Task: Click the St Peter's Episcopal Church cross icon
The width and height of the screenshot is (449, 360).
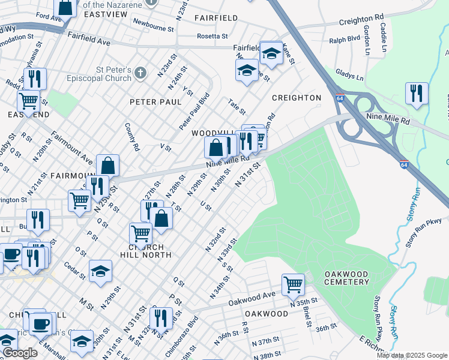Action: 140,73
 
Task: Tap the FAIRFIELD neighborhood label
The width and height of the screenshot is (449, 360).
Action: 216,18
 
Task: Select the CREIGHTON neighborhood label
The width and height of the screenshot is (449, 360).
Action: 297,97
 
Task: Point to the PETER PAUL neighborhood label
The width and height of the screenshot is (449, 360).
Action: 155,102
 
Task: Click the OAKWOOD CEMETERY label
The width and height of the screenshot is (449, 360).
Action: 346,278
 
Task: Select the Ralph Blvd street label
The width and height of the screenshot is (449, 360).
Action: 345,41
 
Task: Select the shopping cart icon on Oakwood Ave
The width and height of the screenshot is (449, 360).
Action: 292,283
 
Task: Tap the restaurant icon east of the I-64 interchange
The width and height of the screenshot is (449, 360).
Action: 416,94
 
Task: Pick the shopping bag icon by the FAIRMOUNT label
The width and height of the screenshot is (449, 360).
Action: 107,165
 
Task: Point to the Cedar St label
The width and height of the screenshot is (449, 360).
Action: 76,271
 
